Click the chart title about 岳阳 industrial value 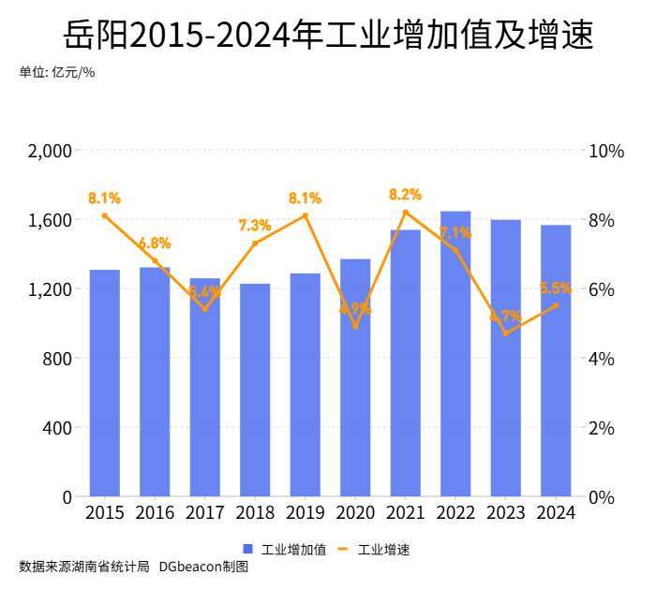point(328,37)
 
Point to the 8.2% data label point(405,195)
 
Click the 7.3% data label point(255,226)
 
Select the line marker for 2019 point(306,216)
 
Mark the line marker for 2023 point(505,333)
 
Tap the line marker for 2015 point(105,216)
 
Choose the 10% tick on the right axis point(605,151)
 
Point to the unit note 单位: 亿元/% point(57,72)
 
